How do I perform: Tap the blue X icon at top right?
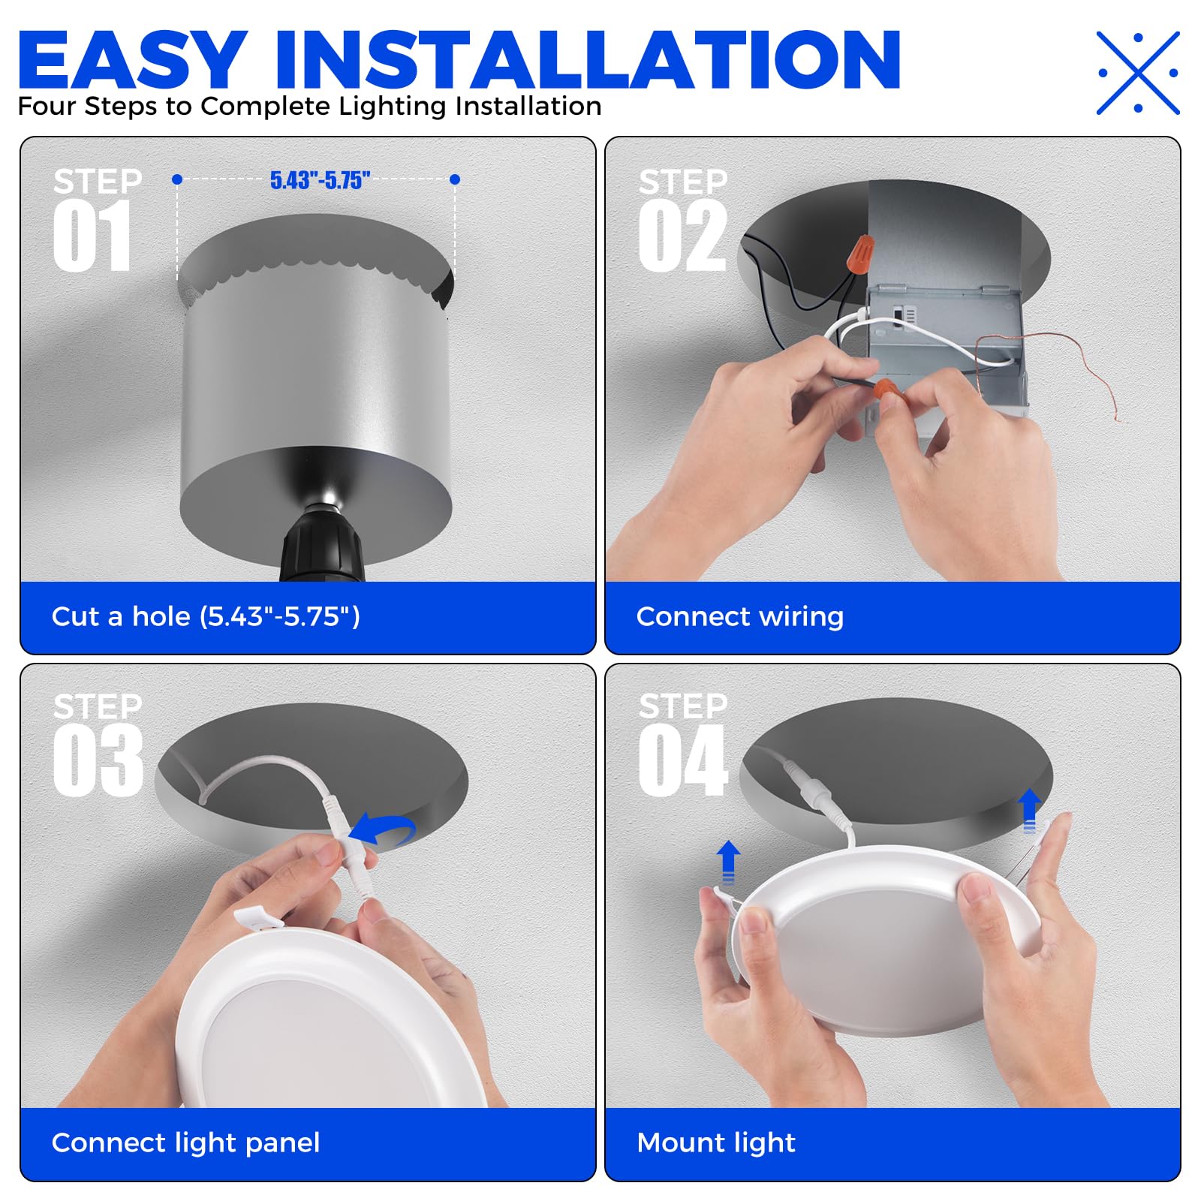coord(1138,73)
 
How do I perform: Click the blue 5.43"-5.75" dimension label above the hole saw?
coord(320,180)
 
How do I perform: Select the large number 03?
coord(98,760)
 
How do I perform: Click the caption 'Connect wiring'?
coord(739,617)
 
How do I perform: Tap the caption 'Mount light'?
coord(715,1142)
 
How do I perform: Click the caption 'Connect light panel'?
coord(185,1142)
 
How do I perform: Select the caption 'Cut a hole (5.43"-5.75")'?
coord(206,617)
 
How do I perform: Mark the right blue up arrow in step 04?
coord(1029,809)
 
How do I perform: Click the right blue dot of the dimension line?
coord(455,179)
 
